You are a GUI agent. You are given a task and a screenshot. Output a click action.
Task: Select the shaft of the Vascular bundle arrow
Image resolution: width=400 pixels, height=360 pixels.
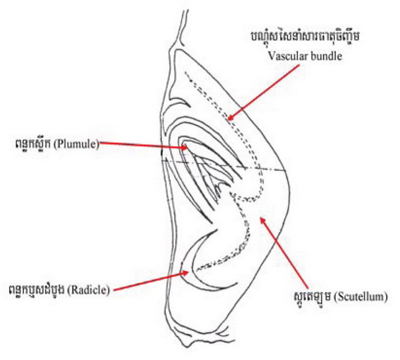[x=257, y=95]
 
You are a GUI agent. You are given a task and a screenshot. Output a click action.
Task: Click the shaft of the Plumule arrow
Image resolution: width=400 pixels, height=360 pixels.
[x=143, y=146]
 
